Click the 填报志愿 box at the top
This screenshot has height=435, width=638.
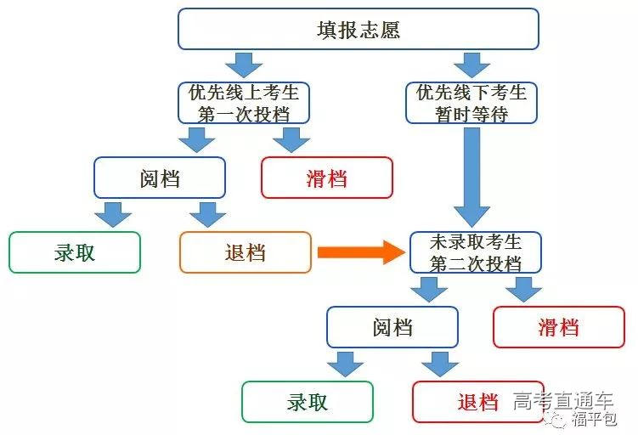[358, 29]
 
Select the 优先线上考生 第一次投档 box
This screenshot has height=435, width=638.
[244, 103]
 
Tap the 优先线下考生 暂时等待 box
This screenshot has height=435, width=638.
[471, 103]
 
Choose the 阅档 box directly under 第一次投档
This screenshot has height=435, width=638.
[160, 178]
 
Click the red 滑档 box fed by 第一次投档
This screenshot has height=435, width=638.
[326, 178]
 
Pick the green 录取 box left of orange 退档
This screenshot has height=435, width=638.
[75, 252]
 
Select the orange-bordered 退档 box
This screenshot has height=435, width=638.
[246, 252]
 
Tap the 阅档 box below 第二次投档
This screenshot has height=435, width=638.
[392, 327]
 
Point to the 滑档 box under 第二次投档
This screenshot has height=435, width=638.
[558, 327]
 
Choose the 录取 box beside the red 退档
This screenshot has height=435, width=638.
[308, 402]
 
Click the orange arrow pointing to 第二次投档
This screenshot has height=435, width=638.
[360, 251]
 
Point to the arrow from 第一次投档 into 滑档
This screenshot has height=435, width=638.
[291, 139]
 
